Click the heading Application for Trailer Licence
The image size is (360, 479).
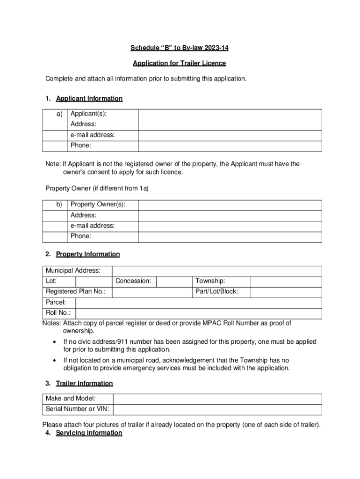click(x=179, y=63)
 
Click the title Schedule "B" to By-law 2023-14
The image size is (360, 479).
click(x=179, y=48)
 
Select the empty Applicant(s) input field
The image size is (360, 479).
click(x=230, y=114)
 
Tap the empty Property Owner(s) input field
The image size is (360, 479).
click(x=230, y=205)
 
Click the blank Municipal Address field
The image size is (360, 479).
click(x=217, y=271)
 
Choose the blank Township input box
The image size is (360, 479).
click(x=286, y=281)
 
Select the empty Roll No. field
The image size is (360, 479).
click(x=198, y=313)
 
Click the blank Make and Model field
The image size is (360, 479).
click(x=218, y=399)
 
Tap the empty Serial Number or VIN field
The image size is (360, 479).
click(x=218, y=409)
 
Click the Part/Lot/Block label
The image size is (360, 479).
click(x=216, y=292)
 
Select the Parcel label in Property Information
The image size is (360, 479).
click(x=56, y=303)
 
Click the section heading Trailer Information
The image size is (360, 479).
click(x=84, y=384)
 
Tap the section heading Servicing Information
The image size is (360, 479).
click(x=89, y=433)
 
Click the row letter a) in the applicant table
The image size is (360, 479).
click(x=60, y=114)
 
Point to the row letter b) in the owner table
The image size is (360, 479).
click(x=59, y=205)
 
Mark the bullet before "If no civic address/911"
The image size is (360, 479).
click(x=54, y=342)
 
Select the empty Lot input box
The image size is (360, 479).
click(x=94, y=281)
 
